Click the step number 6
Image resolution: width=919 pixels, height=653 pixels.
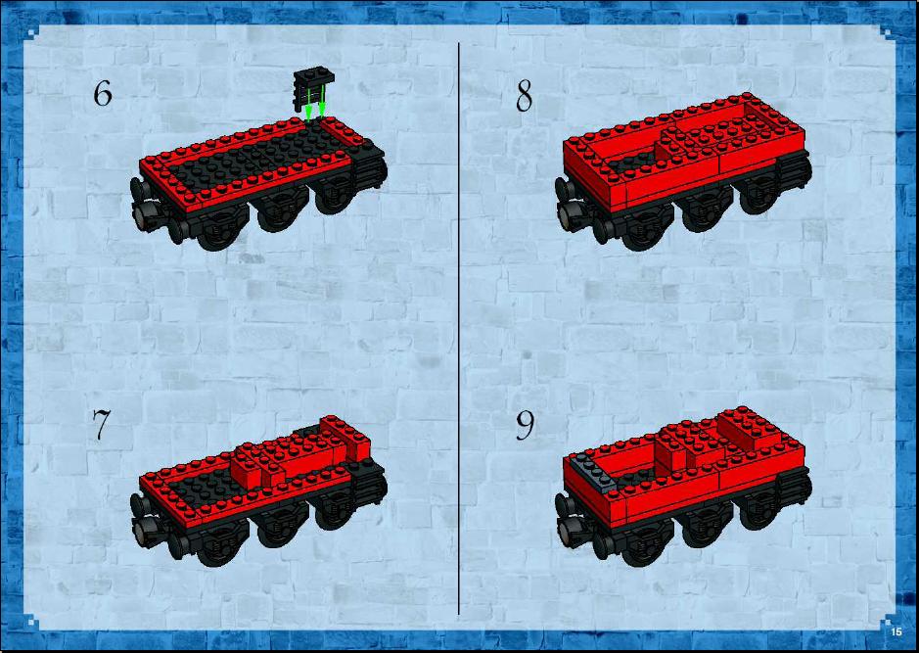[x=103, y=94]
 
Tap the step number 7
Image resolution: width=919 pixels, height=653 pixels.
[x=101, y=424]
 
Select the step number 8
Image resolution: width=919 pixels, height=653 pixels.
[x=524, y=96]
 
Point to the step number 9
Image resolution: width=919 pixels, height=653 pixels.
[x=525, y=426]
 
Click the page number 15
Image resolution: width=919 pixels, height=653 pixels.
[x=896, y=631]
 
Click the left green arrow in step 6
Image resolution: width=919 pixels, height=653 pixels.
[x=308, y=106]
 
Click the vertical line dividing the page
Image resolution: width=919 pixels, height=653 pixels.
[x=458, y=328]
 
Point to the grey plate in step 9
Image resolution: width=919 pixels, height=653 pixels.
[x=592, y=471]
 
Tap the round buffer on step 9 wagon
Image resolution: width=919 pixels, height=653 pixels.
[x=565, y=532]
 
